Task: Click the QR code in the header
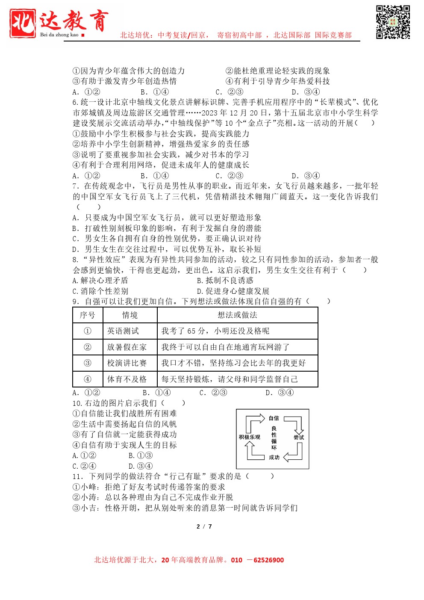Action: click(x=393, y=22)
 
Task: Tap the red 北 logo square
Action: click(x=23, y=23)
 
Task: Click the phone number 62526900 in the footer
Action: click(x=268, y=560)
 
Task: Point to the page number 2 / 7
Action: click(x=204, y=526)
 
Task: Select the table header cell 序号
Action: click(x=88, y=315)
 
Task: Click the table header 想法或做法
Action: click(x=237, y=315)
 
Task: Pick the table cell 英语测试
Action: click(x=123, y=331)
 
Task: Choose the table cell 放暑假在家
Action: click(x=127, y=347)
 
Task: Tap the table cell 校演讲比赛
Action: click(x=127, y=363)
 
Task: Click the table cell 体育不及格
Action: click(x=127, y=379)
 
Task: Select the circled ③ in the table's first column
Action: click(x=88, y=363)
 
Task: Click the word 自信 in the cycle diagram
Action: click(x=274, y=418)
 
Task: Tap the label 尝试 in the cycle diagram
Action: click(x=299, y=437)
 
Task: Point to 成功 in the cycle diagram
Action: click(x=274, y=457)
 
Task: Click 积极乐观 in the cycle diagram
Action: click(x=250, y=437)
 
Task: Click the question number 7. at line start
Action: click(x=76, y=186)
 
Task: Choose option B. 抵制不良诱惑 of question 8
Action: click(x=225, y=281)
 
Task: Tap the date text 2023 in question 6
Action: click(x=209, y=113)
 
